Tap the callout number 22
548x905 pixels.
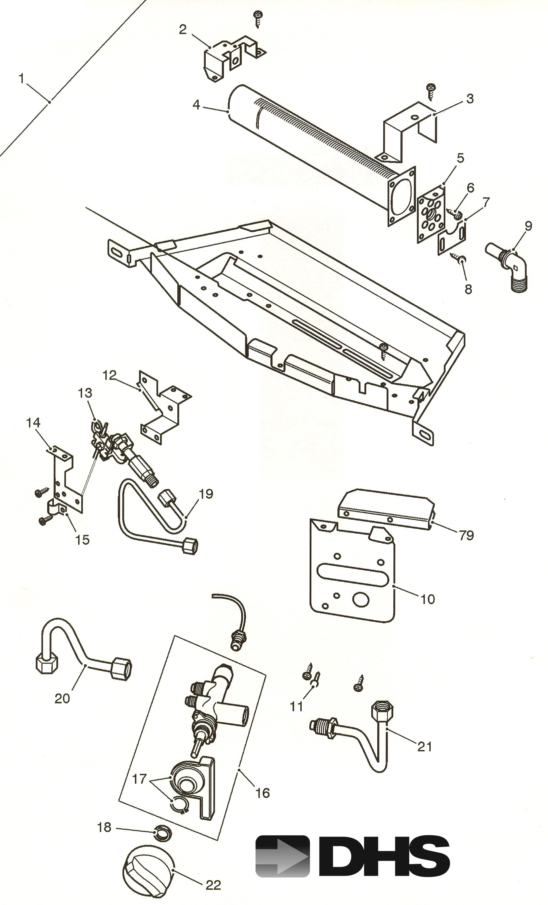click(213, 885)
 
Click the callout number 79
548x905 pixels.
click(466, 535)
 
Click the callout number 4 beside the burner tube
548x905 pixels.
click(197, 105)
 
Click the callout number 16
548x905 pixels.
click(263, 793)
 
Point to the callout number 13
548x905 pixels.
click(85, 393)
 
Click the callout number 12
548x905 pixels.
click(109, 375)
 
